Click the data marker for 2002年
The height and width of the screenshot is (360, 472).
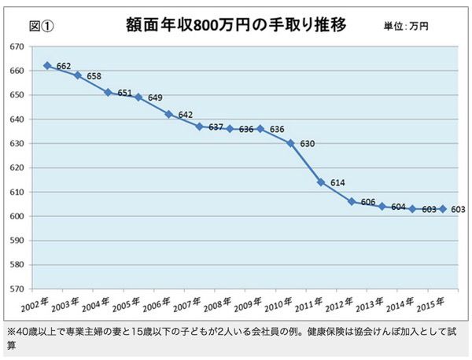47,65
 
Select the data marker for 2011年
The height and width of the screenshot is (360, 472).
321,182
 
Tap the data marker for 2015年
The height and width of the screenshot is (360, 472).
443,209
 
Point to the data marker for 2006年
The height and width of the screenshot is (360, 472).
168,114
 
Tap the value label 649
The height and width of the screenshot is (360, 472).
156,98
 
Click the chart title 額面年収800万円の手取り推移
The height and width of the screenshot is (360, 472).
236,24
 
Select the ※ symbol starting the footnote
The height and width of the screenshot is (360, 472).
10,330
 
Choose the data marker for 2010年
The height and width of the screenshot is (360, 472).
290,143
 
